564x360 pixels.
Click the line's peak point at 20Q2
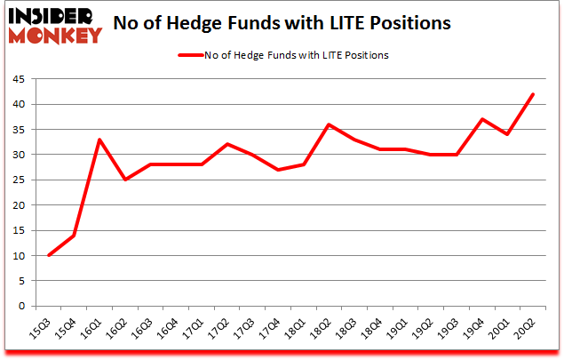(533, 94)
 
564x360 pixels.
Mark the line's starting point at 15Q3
(48, 255)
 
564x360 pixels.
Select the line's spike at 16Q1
(99, 140)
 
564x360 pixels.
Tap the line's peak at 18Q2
(329, 124)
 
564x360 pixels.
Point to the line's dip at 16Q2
(124, 180)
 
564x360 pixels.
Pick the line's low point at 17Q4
(278, 170)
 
